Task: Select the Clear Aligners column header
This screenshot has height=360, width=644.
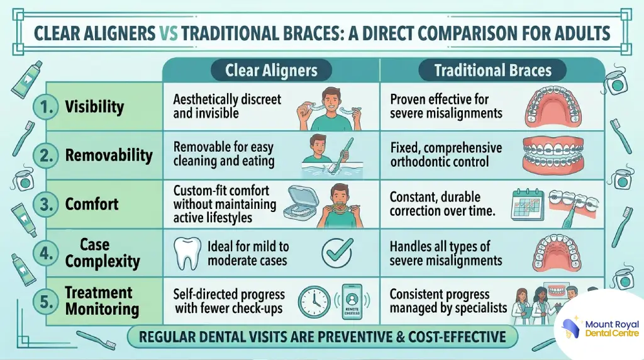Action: click(271, 70)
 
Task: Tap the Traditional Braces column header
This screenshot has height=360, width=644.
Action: click(492, 70)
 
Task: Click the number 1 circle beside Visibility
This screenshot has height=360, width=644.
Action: click(46, 107)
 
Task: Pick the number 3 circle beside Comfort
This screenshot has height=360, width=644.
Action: click(46, 205)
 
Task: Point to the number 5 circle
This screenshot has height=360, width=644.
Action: click(46, 302)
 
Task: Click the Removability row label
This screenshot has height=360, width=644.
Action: click(109, 155)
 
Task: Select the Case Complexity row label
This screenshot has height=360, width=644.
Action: click(103, 253)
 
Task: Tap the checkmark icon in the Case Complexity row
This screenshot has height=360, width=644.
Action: click(337, 252)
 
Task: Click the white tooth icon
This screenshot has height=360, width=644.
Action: click(187, 253)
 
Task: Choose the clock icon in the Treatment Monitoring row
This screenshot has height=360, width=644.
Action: click(314, 302)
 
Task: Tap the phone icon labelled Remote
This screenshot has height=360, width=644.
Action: click(352, 302)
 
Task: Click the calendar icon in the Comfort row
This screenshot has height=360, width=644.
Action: click(528, 205)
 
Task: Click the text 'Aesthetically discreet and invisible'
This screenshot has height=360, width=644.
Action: click(227, 106)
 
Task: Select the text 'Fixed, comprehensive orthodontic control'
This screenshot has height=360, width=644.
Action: click(446, 155)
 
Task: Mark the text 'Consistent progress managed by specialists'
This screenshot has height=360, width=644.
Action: click(448, 301)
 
